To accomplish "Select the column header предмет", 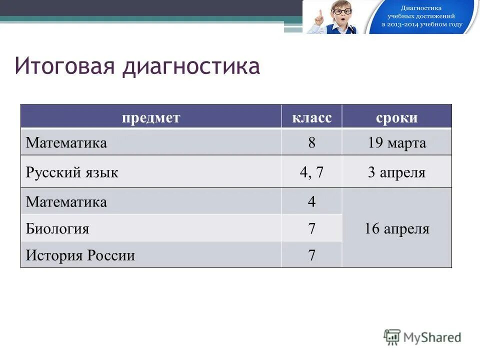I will click(150, 118).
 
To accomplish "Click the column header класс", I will click(311, 118).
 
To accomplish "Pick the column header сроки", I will click(396, 118).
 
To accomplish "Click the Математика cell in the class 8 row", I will click(66, 143).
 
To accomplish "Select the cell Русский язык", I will click(72, 173).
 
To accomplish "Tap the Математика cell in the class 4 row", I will click(66, 202).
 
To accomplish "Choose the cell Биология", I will click(57, 229).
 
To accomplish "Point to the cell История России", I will click(80, 256).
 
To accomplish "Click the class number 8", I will click(311, 143).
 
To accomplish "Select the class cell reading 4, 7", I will click(311, 173).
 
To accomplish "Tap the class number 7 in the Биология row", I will click(311, 229).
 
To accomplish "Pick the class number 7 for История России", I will click(311, 256).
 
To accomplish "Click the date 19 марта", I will click(396, 143).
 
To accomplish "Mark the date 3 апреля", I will click(396, 173).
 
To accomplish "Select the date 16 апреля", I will click(396, 229).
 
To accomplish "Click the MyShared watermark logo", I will click(422, 337).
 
